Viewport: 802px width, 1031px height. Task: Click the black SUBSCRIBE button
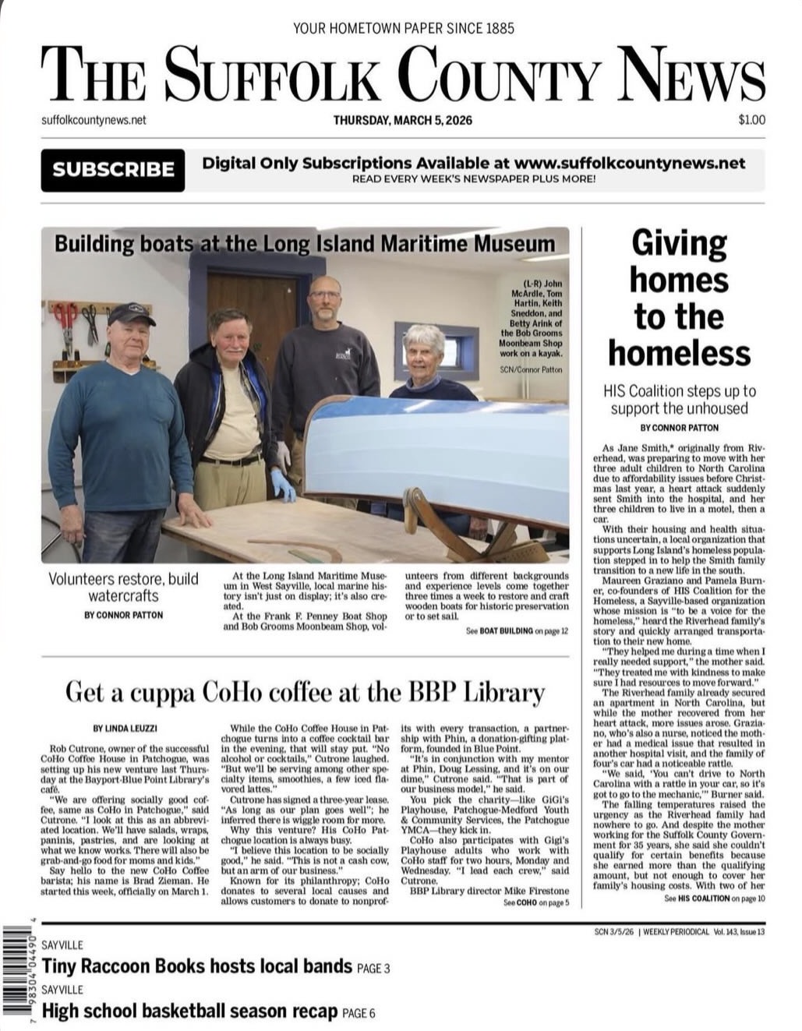tap(113, 170)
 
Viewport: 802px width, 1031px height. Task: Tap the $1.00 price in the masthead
tap(751, 120)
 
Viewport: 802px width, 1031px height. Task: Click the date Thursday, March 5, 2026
tap(402, 120)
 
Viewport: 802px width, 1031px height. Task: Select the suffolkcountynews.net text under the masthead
tap(94, 120)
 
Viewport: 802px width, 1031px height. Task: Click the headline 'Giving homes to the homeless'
tap(679, 298)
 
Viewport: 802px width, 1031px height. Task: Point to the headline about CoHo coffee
tap(305, 691)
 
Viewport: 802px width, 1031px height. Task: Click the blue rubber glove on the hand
tap(283, 485)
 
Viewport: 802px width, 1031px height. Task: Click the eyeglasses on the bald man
tap(324, 296)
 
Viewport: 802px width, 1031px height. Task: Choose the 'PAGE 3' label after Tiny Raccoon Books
tap(373, 969)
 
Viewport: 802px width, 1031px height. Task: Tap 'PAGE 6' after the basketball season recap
tap(359, 1013)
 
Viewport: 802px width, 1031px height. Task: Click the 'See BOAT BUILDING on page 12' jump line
tap(517, 630)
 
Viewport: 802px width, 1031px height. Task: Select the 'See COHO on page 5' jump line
tap(536, 902)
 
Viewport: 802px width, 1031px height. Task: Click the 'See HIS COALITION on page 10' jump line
tap(715, 899)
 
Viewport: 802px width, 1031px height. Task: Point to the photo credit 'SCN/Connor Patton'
tap(531, 370)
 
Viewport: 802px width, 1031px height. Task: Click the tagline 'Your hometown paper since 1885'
tap(403, 29)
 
